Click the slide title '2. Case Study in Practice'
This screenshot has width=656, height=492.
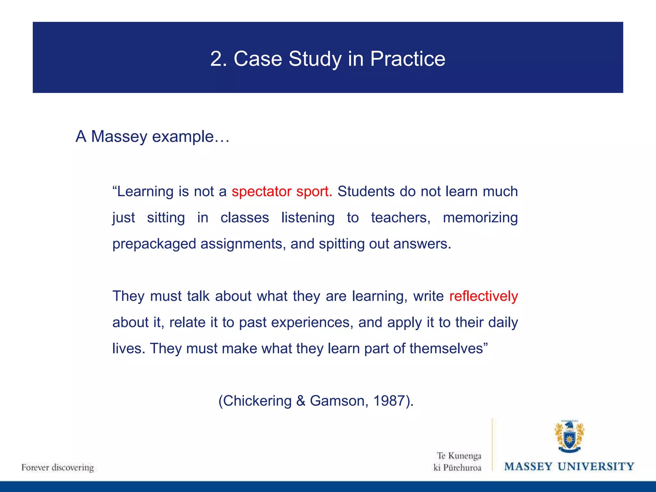click(328, 59)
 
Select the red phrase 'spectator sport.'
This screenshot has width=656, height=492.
click(282, 192)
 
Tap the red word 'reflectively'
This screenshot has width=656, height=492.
click(483, 296)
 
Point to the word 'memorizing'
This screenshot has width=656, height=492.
click(480, 218)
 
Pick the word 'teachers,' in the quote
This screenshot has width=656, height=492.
click(401, 218)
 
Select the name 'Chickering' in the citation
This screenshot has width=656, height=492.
click(257, 401)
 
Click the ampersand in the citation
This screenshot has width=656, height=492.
click(301, 401)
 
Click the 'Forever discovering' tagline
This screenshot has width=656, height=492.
click(58, 467)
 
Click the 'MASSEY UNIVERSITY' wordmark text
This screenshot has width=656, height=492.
click(569, 466)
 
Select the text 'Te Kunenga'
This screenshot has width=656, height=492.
click(459, 455)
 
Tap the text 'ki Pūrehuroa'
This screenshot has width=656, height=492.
click(457, 468)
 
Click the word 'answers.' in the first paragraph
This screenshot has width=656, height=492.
click(422, 244)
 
